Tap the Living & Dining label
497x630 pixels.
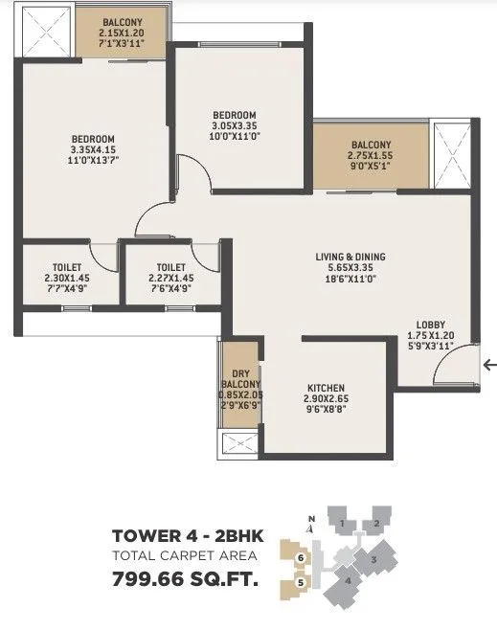tap(350, 257)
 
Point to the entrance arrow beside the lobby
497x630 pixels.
tap(490, 364)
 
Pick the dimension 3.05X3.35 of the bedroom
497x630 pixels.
tap(236, 125)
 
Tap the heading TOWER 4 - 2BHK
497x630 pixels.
tap(188, 536)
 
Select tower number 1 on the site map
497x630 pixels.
tap(341, 523)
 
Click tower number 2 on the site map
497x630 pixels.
tap(378, 523)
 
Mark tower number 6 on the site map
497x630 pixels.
tap(301, 557)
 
